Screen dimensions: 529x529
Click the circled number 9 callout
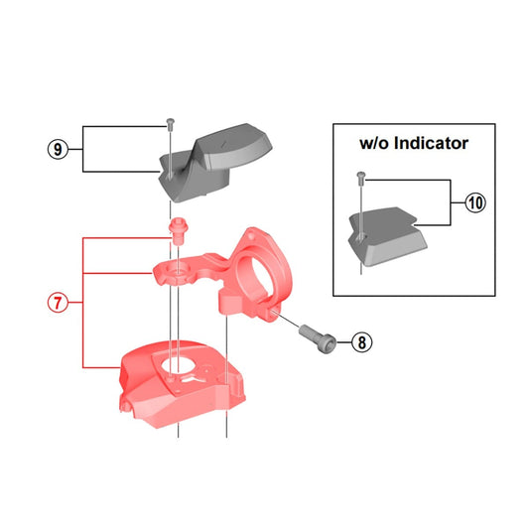point(59,150)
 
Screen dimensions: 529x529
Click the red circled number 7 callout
point(59,302)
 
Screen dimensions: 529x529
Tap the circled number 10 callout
point(475,203)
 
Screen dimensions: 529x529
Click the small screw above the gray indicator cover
point(171,124)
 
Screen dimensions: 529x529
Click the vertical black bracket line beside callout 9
point(83,150)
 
